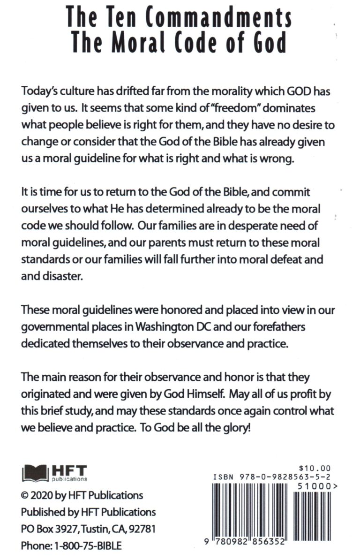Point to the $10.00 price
tap(315, 468)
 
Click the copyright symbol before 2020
tap(25, 495)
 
